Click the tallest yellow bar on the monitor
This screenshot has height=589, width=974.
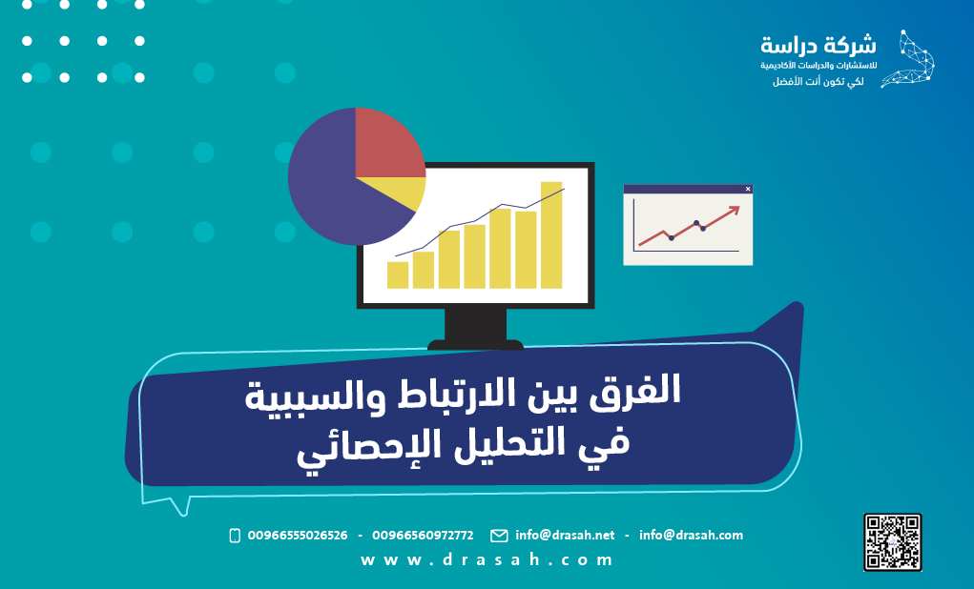coord(550,234)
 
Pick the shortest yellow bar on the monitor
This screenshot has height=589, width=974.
coord(398,274)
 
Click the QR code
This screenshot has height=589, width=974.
coord(892,541)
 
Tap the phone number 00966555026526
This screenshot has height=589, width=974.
coord(297,536)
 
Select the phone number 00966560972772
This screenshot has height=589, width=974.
coord(423,536)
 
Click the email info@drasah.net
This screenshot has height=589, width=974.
coord(565,536)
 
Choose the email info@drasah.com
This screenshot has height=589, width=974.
coord(691,536)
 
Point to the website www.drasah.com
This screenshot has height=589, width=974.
coord(487,560)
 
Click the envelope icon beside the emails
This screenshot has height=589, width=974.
coord(499,536)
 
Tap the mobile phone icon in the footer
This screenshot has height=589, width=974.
coord(235,536)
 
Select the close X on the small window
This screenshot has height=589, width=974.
coord(747,189)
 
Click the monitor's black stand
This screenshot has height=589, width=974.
coord(475,326)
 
